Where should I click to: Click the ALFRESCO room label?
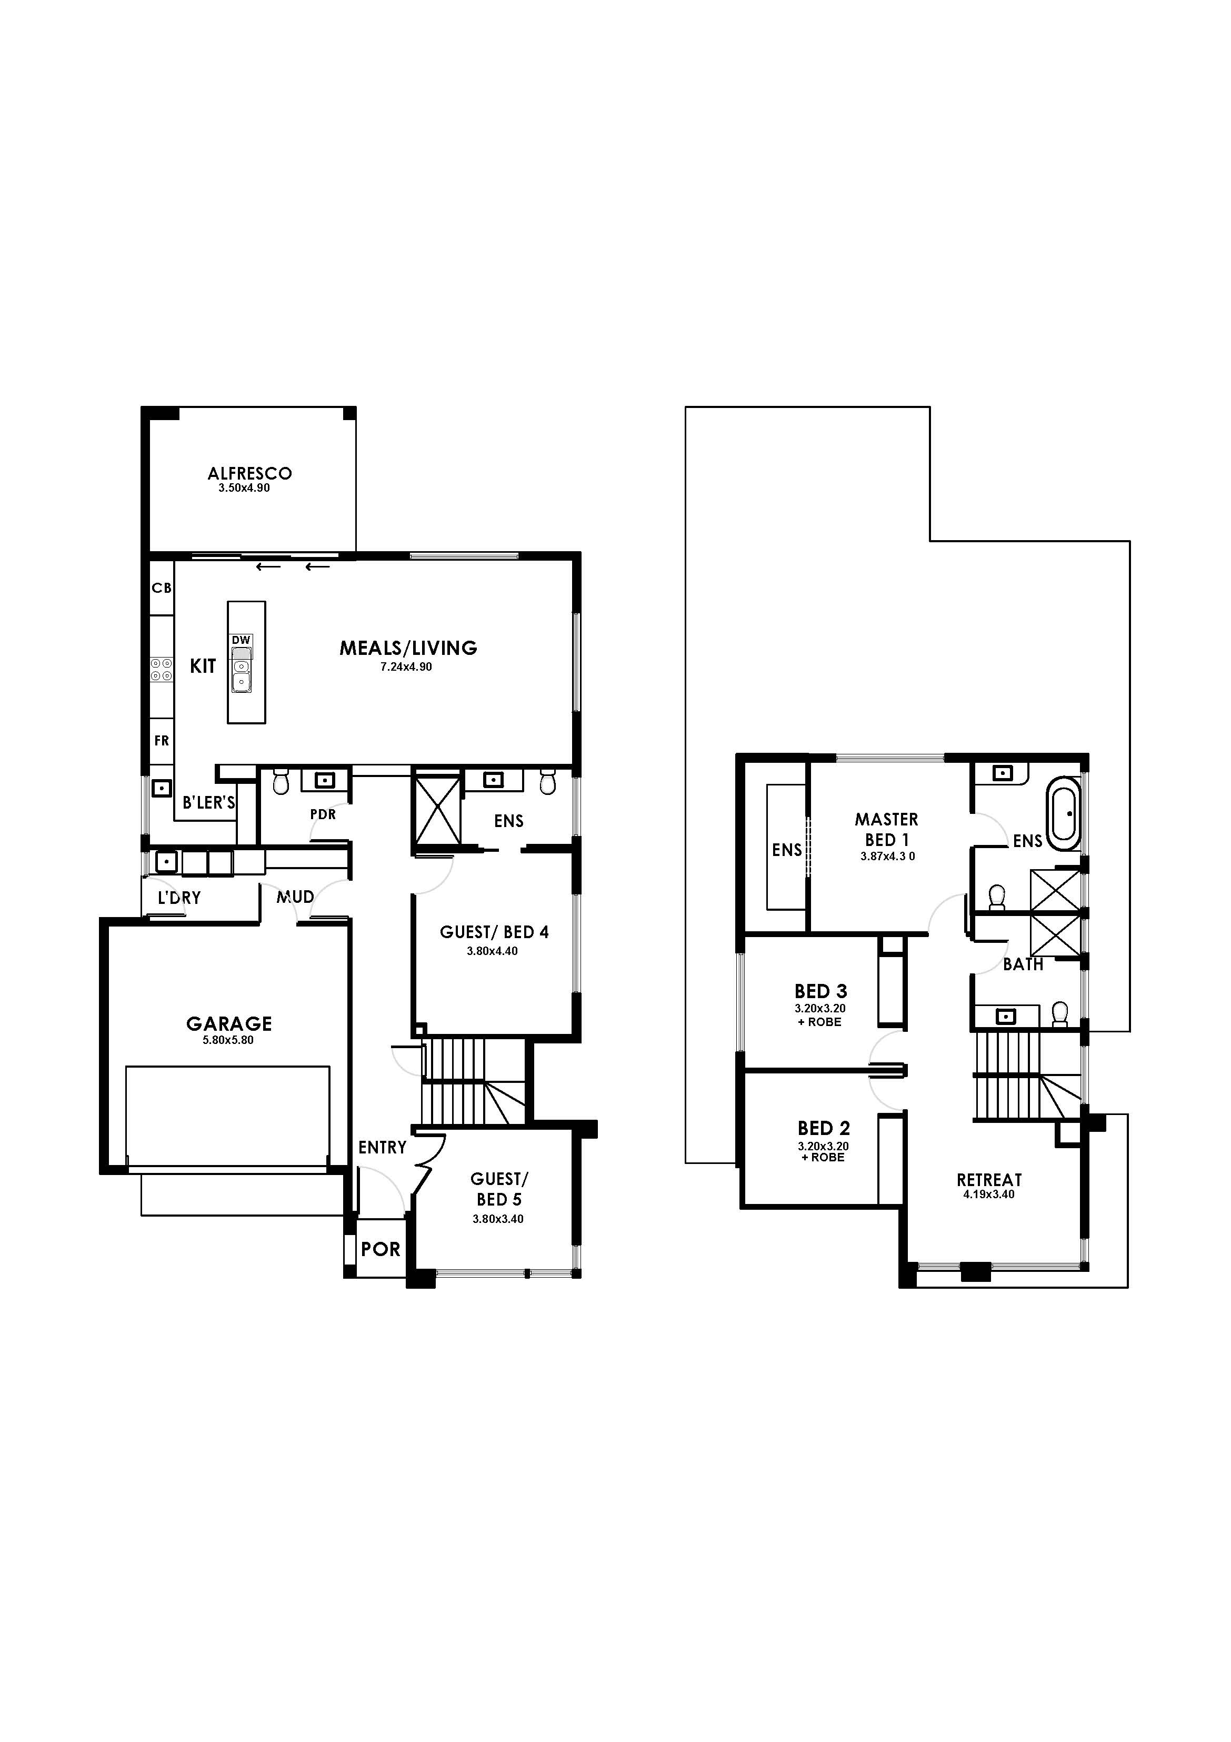point(249,473)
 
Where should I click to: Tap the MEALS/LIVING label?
point(408,648)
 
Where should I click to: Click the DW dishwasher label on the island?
point(241,640)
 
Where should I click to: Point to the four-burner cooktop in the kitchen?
point(161,669)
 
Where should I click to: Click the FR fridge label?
point(162,741)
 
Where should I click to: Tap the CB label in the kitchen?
point(162,588)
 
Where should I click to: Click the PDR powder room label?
point(323,814)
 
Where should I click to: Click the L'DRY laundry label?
point(179,898)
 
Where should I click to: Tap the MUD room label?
point(295,897)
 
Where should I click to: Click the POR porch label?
point(381,1249)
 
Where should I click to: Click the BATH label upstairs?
point(1023,964)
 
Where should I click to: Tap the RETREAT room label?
point(989,1180)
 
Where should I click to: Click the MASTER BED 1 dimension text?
point(887,857)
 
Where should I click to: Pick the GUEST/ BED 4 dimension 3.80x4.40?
point(492,951)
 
